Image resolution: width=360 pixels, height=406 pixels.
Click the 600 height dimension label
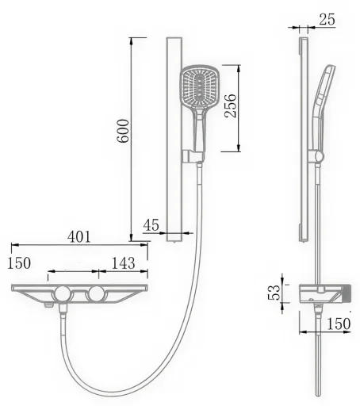[x=123, y=131]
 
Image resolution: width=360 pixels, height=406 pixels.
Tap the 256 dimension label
[x=230, y=105]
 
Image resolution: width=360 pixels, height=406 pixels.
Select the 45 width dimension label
[x=151, y=225]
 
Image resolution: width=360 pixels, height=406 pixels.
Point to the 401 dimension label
[x=79, y=237]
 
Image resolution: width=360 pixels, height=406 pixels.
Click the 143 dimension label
[x=124, y=263]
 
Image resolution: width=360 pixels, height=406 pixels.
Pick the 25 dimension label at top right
[x=327, y=19]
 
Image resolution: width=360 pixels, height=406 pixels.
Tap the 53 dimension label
[x=274, y=293]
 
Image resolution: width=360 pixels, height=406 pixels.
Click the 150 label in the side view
[x=339, y=324]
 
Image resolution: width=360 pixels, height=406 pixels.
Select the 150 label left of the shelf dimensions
[x=19, y=263]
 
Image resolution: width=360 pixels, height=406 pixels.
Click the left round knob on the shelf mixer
[x=63, y=293]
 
